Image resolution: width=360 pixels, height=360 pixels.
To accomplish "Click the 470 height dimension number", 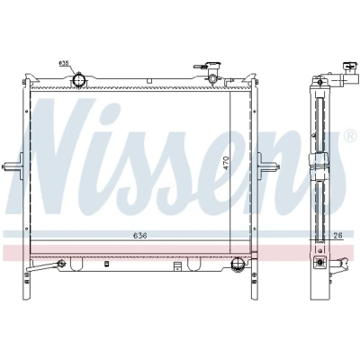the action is coord(226,163).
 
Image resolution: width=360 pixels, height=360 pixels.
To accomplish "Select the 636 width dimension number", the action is coord(140,236).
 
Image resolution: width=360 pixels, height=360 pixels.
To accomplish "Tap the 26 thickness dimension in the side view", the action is coord(338,236).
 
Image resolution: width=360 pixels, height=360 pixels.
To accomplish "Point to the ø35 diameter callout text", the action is coord(64,63).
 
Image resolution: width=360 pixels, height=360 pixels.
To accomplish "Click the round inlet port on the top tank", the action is coord(79,80).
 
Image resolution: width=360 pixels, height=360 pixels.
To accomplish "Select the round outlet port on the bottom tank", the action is coord(238,264).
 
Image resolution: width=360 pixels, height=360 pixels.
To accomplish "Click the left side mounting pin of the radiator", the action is coord(12,166).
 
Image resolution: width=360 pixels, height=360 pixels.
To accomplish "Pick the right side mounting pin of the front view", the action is coord(268,166).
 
